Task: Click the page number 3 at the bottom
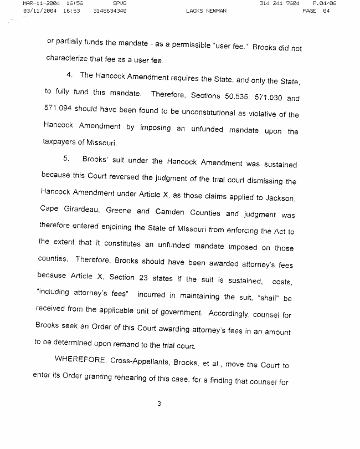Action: [159, 403]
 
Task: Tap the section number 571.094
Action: [59, 114]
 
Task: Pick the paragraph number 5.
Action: [66, 159]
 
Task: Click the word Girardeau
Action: [86, 213]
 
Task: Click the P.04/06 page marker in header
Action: [324, 3]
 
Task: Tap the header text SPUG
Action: [120, 3]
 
